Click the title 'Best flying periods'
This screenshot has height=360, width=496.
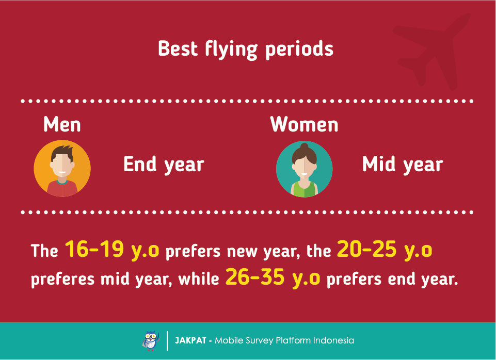246,50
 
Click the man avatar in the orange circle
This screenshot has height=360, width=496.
62,169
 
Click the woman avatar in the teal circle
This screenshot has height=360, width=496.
305,169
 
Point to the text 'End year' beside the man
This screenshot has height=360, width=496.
164,165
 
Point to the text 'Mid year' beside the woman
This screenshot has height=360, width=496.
403,165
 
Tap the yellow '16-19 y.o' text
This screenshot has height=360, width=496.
112,249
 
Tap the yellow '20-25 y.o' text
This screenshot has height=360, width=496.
385,249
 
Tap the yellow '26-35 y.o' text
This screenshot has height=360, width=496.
273,277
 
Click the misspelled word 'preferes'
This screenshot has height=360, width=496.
62,280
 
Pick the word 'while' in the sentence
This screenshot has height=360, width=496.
199,279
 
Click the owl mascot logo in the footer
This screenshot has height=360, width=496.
151,341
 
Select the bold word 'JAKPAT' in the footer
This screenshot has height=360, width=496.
190,340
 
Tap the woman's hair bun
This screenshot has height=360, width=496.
305,146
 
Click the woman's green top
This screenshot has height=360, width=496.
305,189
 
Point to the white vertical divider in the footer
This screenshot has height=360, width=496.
167,341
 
